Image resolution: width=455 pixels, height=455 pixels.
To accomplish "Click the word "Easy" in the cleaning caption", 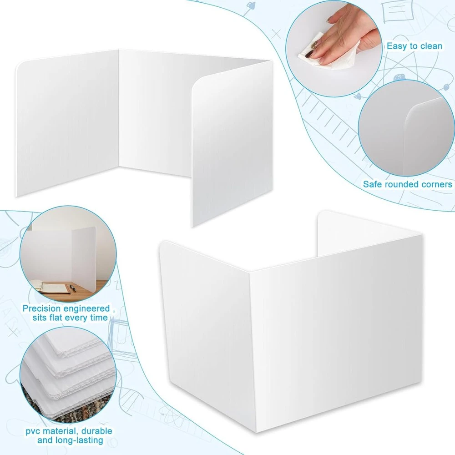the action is pyautogui.click(x=397, y=46).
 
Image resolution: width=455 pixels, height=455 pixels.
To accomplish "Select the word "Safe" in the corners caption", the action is pyautogui.click(x=373, y=184).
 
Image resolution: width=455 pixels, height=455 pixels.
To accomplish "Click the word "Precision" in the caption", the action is pyautogui.click(x=42, y=308).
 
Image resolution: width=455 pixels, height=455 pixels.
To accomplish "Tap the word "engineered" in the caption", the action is pyautogui.click(x=87, y=308).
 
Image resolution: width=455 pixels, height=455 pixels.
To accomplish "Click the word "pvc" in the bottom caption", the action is pyautogui.click(x=32, y=431).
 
